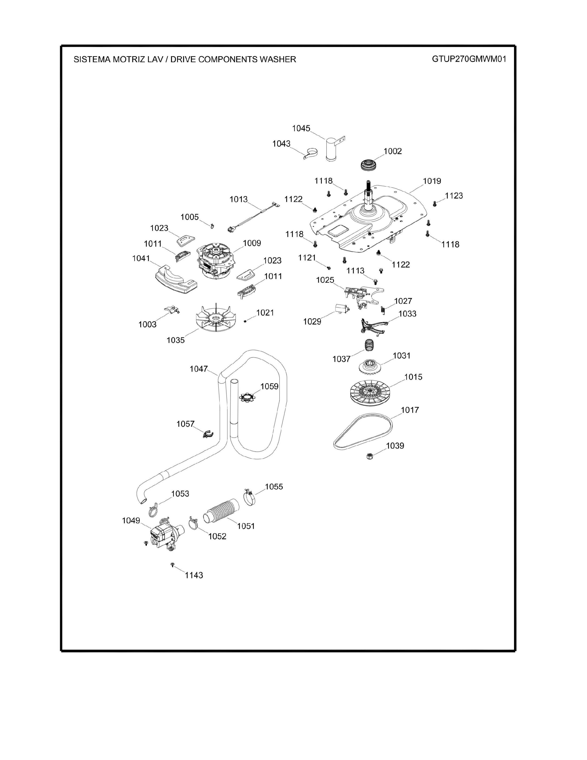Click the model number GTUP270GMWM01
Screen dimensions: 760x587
[469, 59]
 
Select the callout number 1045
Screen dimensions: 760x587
[301, 129]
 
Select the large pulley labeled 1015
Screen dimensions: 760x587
[368, 395]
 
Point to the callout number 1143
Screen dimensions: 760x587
[194, 575]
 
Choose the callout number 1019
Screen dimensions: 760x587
[432, 181]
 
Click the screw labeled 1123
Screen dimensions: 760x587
[434, 204]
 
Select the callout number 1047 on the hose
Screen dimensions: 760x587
[199, 369]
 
